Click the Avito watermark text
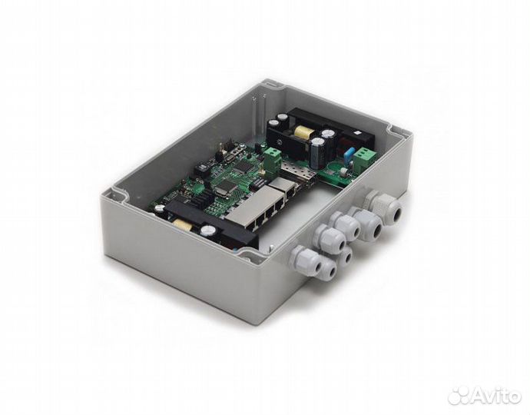pos(495,395)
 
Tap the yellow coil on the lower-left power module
pos(181,224)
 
